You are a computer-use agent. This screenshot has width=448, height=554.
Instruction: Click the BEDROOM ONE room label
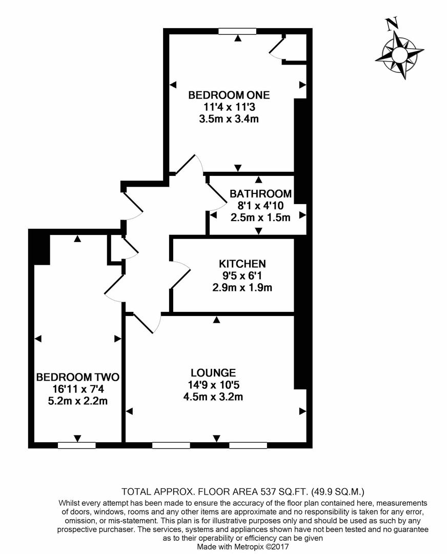pos(229,95)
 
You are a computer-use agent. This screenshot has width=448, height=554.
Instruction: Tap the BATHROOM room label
pos(260,194)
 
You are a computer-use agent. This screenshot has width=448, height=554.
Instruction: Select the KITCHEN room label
pos(242,264)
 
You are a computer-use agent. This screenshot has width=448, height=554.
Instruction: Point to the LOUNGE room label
pos(213,372)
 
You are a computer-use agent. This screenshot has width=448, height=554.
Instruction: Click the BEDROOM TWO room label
pos(77,378)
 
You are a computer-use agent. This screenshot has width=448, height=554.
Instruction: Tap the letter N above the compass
pos(393,23)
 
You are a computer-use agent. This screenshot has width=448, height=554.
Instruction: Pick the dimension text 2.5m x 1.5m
pos(260,217)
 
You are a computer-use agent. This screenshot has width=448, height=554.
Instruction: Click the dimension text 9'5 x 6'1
pos(242,275)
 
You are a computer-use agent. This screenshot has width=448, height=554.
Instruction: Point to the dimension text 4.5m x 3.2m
pos(213,397)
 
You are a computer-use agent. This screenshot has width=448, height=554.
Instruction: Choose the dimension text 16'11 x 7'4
pos(77,389)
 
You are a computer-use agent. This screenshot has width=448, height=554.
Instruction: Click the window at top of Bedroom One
pos(237,31)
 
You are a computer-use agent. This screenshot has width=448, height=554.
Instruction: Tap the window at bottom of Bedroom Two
pos(77,445)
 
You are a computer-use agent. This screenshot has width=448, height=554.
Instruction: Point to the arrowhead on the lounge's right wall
pos(303,411)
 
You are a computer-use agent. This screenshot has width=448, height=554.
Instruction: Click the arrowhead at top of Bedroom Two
pos(77,239)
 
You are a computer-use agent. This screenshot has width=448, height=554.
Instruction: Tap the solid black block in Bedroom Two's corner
pos(39,247)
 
